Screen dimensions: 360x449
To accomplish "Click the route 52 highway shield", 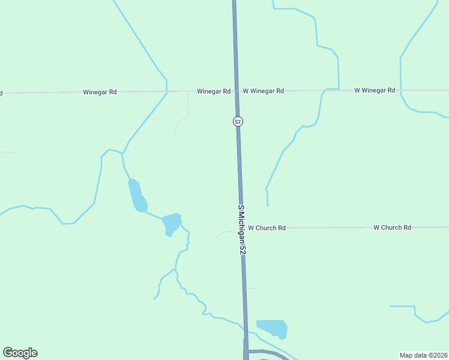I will click(x=238, y=121).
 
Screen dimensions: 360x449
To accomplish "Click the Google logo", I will click(x=20, y=353).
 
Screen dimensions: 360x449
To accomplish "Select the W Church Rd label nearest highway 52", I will click(x=267, y=228).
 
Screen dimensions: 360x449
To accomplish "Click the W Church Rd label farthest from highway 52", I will click(x=392, y=227).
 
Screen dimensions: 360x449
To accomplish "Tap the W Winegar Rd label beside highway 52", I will click(x=263, y=91).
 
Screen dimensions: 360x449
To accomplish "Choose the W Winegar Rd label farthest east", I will click(x=375, y=91).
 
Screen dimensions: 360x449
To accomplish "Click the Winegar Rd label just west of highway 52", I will click(x=214, y=91).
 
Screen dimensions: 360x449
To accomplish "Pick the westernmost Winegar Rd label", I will click(x=100, y=92).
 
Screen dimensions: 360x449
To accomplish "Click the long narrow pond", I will click(x=137, y=196).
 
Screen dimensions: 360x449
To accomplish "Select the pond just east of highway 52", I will click(x=273, y=328).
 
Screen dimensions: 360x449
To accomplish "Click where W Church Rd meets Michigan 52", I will click(x=241, y=228).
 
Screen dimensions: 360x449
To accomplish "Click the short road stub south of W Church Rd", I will click(x=252, y=289).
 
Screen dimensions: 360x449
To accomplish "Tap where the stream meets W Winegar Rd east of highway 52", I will click(x=324, y=91).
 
